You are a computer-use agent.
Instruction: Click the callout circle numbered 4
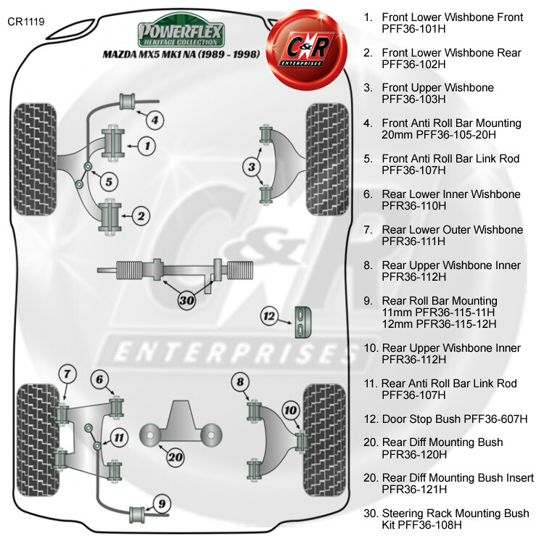pyautogui.click(x=155, y=120)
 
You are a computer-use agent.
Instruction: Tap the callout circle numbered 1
pyautogui.click(x=147, y=147)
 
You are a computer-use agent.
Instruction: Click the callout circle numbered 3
pyautogui.click(x=251, y=168)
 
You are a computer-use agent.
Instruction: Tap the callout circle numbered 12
pyautogui.click(x=270, y=316)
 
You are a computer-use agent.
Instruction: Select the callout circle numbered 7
pyautogui.click(x=67, y=374)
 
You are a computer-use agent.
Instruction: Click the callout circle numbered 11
pyautogui.click(x=119, y=437)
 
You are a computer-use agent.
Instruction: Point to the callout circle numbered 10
pyautogui.click(x=291, y=411)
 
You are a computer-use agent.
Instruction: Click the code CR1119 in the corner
pyautogui.click(x=26, y=21)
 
